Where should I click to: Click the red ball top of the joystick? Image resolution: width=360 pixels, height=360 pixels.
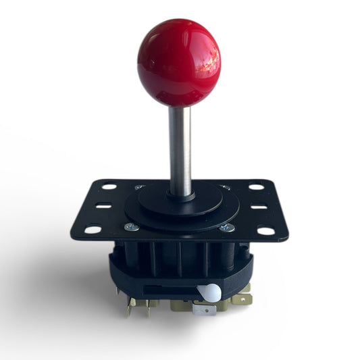(x=179, y=61)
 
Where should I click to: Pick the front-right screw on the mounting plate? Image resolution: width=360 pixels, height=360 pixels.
(x=230, y=228)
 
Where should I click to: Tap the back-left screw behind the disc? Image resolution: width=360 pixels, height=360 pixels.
(x=138, y=187)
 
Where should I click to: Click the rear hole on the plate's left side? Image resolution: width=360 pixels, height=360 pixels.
(x=108, y=186)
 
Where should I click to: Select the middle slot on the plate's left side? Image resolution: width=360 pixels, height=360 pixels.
(x=102, y=206)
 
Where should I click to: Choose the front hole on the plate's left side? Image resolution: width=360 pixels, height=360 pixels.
(x=93, y=230)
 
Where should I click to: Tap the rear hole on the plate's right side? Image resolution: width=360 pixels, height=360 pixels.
(x=256, y=186)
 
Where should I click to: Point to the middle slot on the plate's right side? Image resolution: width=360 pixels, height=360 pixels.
(x=259, y=206)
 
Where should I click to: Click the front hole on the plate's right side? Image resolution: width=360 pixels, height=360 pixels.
(x=266, y=230)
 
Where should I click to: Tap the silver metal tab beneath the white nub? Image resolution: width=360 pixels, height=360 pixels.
(x=204, y=309)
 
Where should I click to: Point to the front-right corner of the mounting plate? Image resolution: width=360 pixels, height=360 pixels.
(x=286, y=238)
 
